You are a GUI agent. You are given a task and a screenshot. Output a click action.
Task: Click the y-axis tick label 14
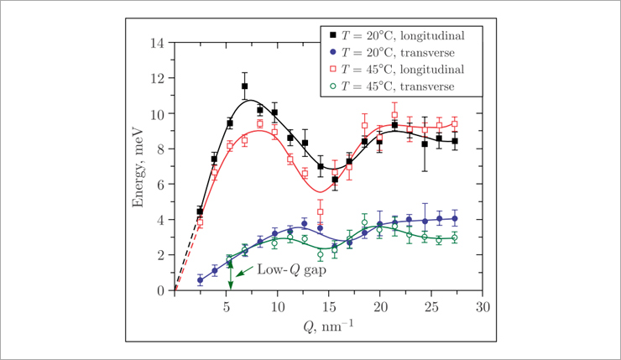click(157, 42)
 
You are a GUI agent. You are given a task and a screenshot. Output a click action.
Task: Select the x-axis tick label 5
click(227, 307)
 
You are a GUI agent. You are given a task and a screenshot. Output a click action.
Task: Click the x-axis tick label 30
click(482, 307)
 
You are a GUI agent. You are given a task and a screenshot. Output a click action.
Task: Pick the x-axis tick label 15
click(329, 307)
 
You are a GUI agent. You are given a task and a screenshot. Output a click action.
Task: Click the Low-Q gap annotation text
click(291, 270)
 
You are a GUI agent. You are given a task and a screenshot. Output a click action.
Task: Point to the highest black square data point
click(244, 86)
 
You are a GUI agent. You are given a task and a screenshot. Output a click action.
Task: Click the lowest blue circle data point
click(200, 280)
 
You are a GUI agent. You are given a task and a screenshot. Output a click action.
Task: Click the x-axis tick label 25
click(431, 307)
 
